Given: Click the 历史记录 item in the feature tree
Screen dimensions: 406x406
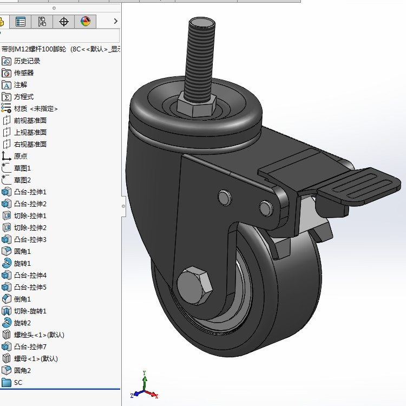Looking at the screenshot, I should click(x=27, y=61).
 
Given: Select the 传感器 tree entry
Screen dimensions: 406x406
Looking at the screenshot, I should click(x=23, y=73).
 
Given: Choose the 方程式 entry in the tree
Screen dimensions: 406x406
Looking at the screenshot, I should click(x=23, y=96).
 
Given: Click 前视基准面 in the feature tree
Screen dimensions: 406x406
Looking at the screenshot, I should click(x=30, y=120).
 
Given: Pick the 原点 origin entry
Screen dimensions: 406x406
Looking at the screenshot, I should click(x=20, y=156).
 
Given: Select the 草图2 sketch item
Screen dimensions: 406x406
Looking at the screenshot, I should click(x=22, y=180).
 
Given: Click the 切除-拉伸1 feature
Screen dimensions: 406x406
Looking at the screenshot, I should click(x=30, y=215).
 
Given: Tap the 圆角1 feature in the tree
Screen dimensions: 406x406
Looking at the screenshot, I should click(x=22, y=251).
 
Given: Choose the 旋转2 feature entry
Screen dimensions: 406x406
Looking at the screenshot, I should click(x=22, y=323).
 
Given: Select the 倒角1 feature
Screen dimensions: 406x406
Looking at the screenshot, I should click(x=22, y=299).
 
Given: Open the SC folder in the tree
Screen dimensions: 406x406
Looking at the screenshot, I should click(x=18, y=382).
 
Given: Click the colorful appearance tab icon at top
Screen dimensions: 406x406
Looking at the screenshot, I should click(x=86, y=22).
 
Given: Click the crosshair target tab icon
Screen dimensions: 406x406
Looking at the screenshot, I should click(x=64, y=22).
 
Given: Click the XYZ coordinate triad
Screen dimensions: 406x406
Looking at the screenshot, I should click(x=144, y=389).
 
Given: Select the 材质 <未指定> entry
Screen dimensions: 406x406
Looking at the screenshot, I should click(x=35, y=108).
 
